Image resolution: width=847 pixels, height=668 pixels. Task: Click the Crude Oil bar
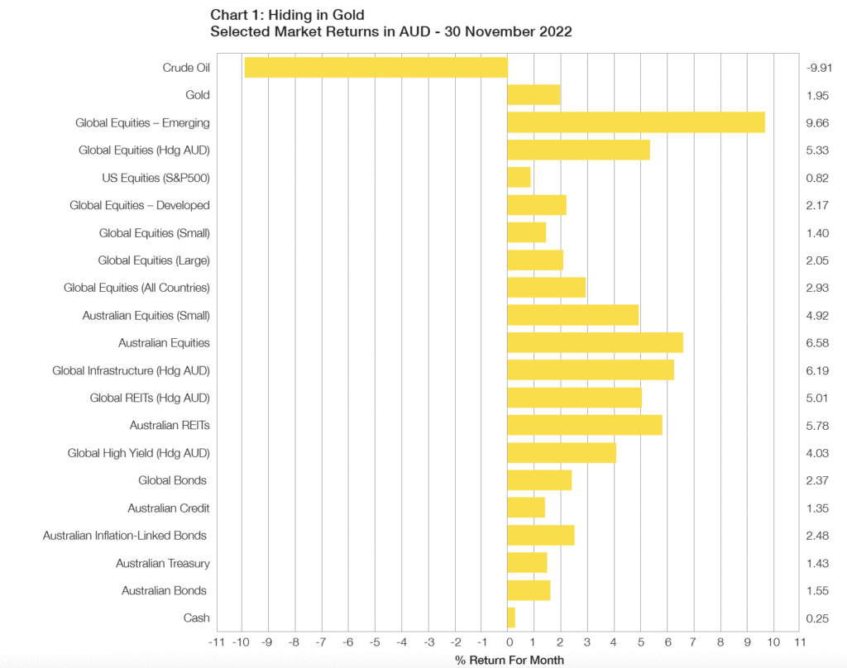click(376, 68)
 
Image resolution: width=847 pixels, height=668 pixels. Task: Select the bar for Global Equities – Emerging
click(635, 122)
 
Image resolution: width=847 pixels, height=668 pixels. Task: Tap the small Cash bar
click(510, 618)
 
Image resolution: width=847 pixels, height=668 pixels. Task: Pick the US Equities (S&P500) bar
click(518, 178)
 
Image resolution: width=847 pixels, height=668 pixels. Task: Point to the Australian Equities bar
click(595, 342)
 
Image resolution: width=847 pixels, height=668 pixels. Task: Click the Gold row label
click(197, 95)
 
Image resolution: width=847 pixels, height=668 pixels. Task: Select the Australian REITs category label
click(170, 425)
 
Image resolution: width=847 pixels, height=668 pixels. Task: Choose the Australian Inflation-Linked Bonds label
click(125, 536)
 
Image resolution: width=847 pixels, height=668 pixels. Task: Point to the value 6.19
click(817, 370)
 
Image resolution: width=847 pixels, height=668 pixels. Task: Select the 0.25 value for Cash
click(817, 618)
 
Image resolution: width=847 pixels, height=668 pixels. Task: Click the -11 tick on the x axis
click(216, 642)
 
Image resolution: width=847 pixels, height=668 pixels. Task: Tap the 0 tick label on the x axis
click(508, 642)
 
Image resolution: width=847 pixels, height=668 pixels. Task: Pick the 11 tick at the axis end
click(800, 642)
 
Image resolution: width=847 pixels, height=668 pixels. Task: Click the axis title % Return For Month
click(510, 660)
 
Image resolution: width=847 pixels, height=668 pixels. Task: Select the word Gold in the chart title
click(348, 14)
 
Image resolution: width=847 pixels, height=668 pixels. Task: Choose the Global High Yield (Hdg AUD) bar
click(561, 453)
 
